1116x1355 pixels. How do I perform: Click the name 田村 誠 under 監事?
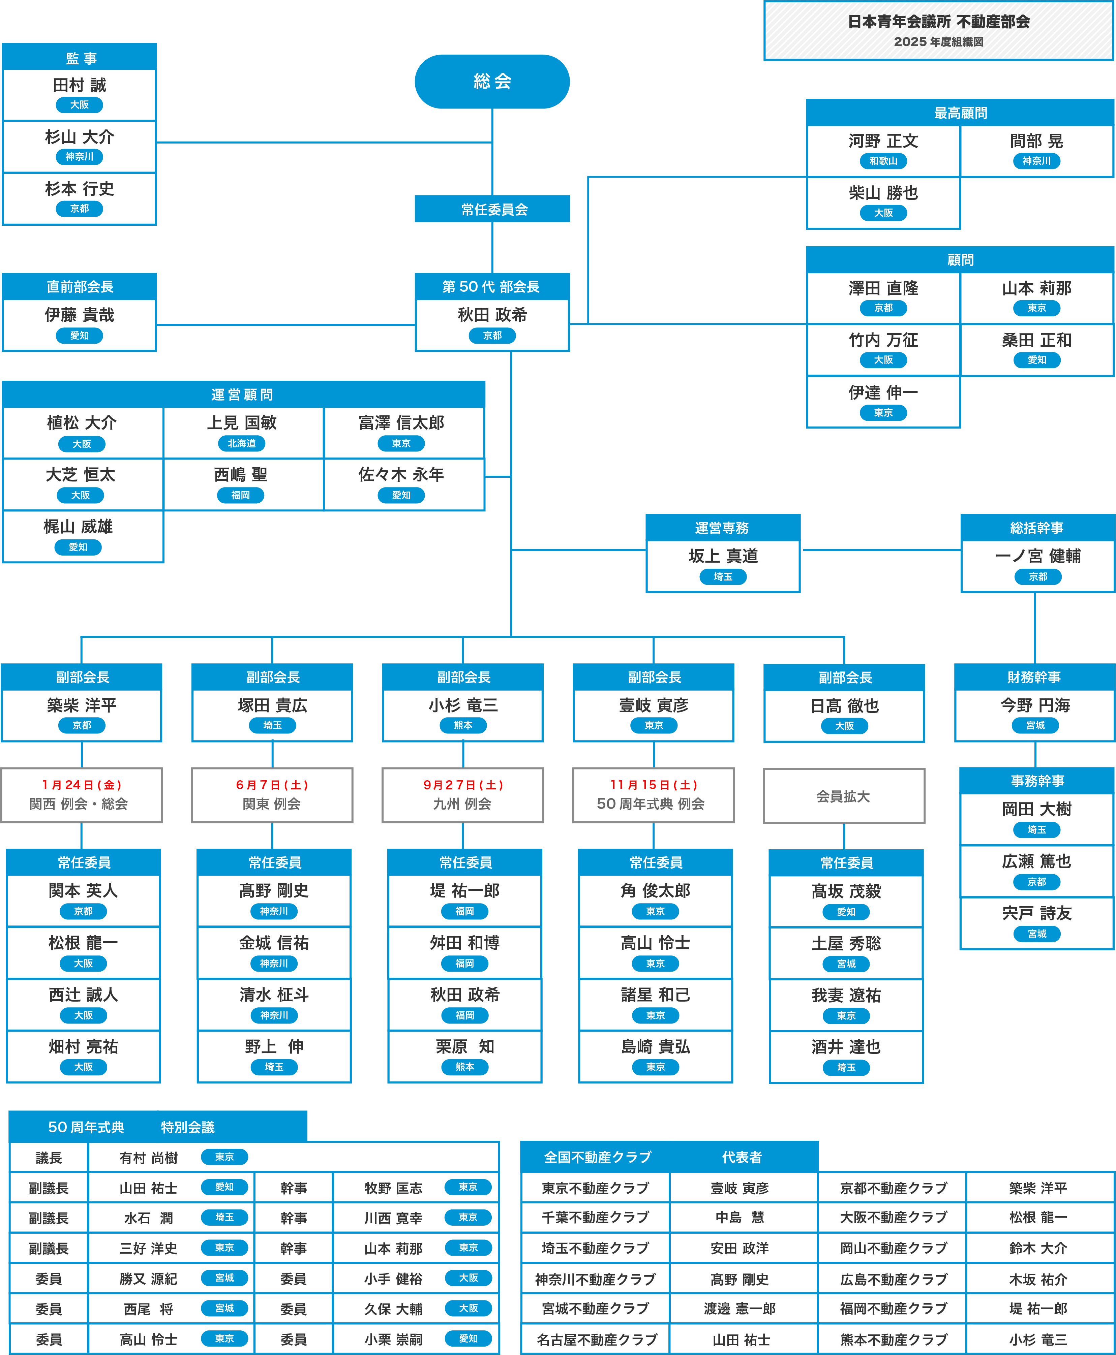point(79,86)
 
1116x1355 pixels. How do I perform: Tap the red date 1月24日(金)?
point(82,785)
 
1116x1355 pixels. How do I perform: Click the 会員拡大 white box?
point(843,796)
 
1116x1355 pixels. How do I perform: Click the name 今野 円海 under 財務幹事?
point(1035,705)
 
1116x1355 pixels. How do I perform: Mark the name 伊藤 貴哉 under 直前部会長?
point(79,315)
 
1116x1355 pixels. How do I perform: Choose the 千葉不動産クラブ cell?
point(595,1218)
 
